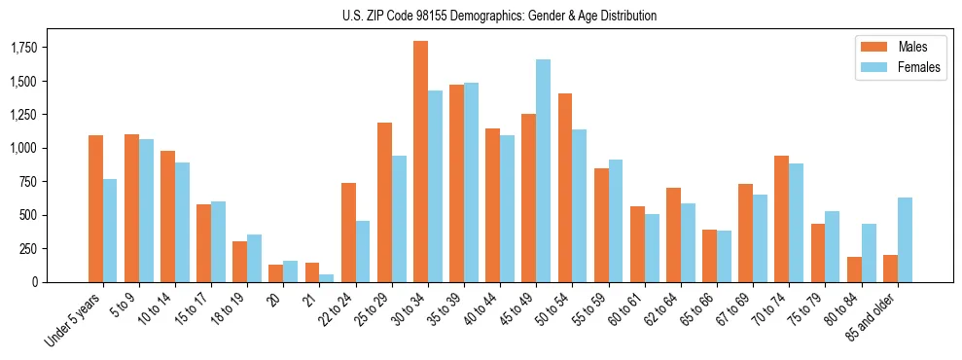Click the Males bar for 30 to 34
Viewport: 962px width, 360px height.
coord(420,162)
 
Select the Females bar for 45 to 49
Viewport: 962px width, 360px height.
coord(543,170)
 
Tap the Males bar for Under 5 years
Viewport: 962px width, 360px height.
coord(95,208)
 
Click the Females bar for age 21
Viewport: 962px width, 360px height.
coord(327,277)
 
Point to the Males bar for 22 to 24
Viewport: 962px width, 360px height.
coord(348,233)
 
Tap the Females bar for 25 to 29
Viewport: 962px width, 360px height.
coord(399,219)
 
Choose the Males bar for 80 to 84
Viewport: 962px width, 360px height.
coord(854,270)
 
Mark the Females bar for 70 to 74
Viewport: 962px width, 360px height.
coord(797,223)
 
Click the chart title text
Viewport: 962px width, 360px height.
coord(499,16)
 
